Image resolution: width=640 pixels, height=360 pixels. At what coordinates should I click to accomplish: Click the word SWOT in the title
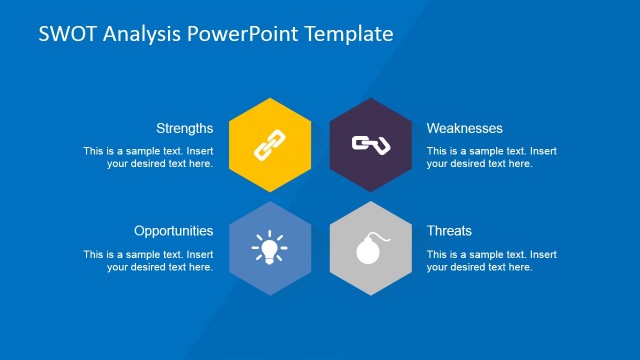click(63, 34)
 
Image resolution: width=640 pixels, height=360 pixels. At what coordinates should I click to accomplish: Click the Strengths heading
click(184, 128)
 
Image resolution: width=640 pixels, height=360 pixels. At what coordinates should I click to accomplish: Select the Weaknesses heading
click(464, 128)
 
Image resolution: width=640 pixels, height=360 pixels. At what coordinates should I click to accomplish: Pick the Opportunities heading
click(173, 230)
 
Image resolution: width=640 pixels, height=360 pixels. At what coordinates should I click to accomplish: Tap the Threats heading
click(449, 230)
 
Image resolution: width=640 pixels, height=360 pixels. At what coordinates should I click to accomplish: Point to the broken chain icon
click(370, 146)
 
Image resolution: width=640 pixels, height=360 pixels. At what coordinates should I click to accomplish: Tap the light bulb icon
click(268, 248)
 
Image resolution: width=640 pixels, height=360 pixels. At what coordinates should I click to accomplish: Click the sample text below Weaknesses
click(491, 157)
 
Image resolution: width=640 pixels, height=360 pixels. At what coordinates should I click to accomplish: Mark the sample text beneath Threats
click(491, 260)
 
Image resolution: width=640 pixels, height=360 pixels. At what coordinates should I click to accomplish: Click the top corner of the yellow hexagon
click(268, 98)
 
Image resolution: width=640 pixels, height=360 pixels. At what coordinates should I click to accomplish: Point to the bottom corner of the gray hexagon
click(370, 296)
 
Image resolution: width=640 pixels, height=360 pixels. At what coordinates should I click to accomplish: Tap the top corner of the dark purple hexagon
click(370, 98)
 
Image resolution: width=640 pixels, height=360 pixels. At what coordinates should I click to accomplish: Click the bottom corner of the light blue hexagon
click(268, 296)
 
